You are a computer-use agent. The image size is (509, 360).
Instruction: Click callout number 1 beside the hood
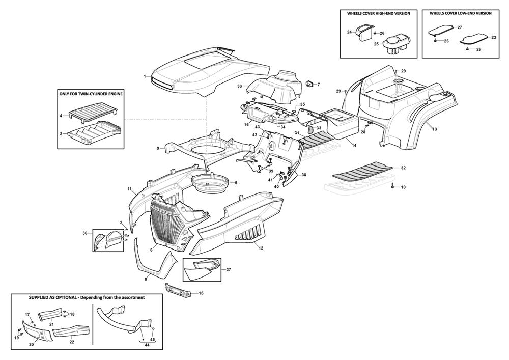145,76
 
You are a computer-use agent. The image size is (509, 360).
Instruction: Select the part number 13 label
435,130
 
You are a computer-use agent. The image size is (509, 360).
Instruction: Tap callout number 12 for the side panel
261,248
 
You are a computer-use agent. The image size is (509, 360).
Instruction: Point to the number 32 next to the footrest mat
403,168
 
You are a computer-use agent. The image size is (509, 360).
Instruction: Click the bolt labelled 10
393,187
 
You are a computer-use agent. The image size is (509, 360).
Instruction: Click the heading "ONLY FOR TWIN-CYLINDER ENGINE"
92,94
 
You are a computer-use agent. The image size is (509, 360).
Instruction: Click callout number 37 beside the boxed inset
229,269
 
